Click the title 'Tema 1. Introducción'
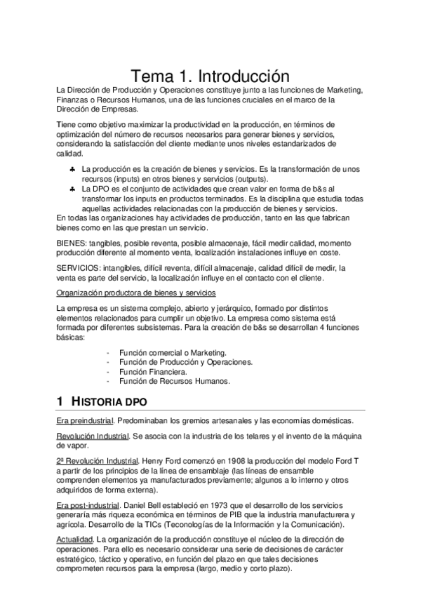pos(210,75)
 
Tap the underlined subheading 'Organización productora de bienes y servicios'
pos(136,293)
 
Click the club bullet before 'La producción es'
pos(73,169)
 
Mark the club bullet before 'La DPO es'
pos(73,189)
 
